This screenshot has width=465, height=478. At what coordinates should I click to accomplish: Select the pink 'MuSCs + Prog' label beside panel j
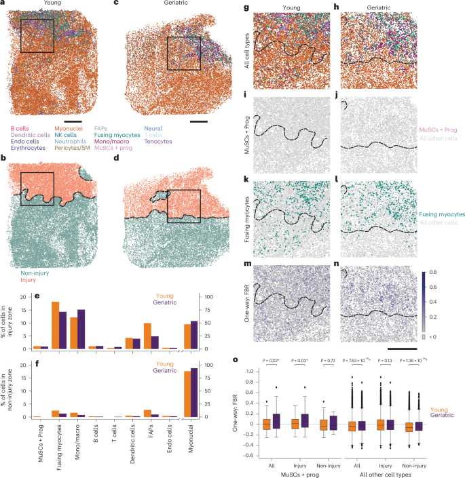coord(437,127)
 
